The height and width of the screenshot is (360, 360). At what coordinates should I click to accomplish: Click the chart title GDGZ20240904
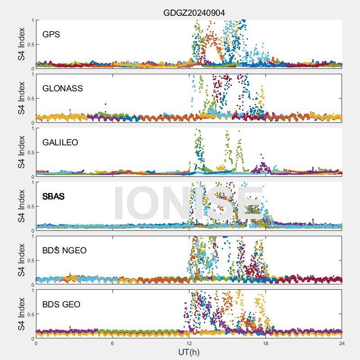click(x=194, y=13)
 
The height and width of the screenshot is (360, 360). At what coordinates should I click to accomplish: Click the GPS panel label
click(x=51, y=34)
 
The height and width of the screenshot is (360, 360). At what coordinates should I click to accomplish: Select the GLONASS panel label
click(x=63, y=88)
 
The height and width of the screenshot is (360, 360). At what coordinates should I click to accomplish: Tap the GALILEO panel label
click(x=60, y=142)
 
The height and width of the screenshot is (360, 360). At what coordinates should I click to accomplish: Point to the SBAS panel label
click(x=54, y=197)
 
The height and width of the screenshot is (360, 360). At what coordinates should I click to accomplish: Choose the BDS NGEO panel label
click(x=64, y=251)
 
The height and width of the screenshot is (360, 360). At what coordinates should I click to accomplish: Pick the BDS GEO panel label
click(x=61, y=305)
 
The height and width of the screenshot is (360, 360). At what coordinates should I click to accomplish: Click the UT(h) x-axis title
click(x=189, y=351)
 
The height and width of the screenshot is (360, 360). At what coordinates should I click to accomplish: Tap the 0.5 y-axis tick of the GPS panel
click(x=29, y=45)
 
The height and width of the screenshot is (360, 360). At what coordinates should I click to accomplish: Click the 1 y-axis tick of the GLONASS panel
click(x=32, y=74)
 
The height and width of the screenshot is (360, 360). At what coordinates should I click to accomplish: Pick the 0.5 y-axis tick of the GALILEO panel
click(x=29, y=153)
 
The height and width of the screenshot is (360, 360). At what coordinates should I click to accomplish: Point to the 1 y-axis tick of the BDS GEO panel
click(x=32, y=290)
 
